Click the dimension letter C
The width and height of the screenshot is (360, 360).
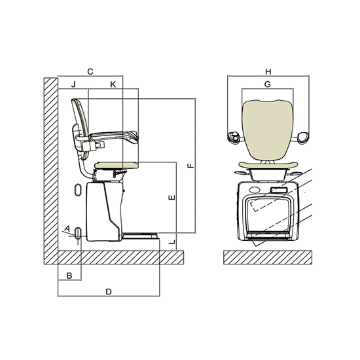(x=90, y=71)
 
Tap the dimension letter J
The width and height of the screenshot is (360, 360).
(x=73, y=84)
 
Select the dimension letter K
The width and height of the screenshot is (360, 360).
(x=113, y=84)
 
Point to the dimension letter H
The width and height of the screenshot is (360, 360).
(x=268, y=71)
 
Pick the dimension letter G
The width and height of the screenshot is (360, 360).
(x=268, y=84)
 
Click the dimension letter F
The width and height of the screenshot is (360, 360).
(x=190, y=166)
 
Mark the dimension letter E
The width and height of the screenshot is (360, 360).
(x=171, y=198)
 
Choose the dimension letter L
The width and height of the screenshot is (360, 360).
(x=171, y=242)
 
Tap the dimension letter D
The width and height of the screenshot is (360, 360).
(x=109, y=292)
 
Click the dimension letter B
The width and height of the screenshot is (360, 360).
(x=69, y=276)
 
